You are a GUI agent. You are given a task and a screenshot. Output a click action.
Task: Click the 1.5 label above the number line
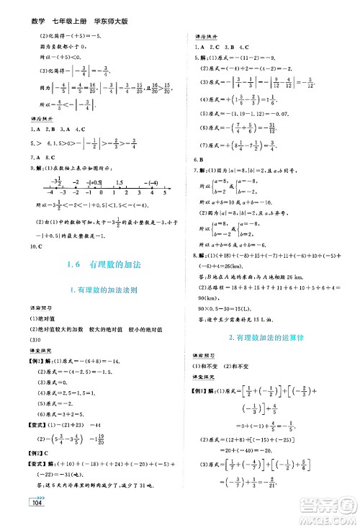120,181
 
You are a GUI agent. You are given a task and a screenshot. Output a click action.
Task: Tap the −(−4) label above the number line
150,181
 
